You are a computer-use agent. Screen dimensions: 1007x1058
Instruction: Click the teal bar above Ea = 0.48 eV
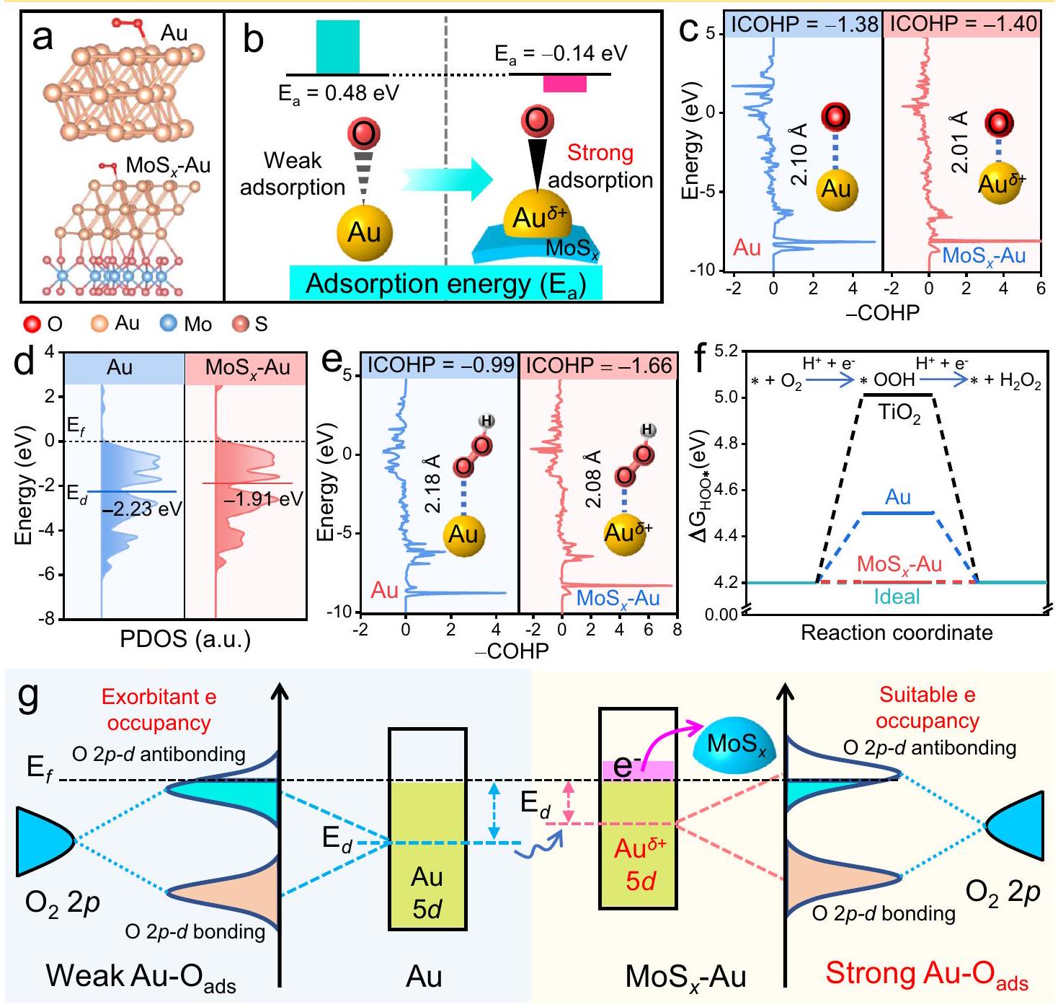(337, 47)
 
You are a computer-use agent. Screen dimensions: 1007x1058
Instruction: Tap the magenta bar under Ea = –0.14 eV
(564, 84)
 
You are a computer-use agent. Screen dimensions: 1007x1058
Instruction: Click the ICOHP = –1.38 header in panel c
(804, 25)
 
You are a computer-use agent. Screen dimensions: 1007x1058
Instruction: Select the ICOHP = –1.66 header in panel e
(598, 366)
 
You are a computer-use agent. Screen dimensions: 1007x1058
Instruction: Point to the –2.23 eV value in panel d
(142, 509)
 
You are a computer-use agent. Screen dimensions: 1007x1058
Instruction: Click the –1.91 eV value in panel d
(263, 499)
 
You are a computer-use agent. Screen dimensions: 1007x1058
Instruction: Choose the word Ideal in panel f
(897, 597)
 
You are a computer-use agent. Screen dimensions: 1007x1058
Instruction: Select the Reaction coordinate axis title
(897, 633)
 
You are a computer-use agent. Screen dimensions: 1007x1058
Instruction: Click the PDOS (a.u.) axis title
(186, 639)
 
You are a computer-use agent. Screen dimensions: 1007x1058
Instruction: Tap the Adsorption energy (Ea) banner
(445, 283)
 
